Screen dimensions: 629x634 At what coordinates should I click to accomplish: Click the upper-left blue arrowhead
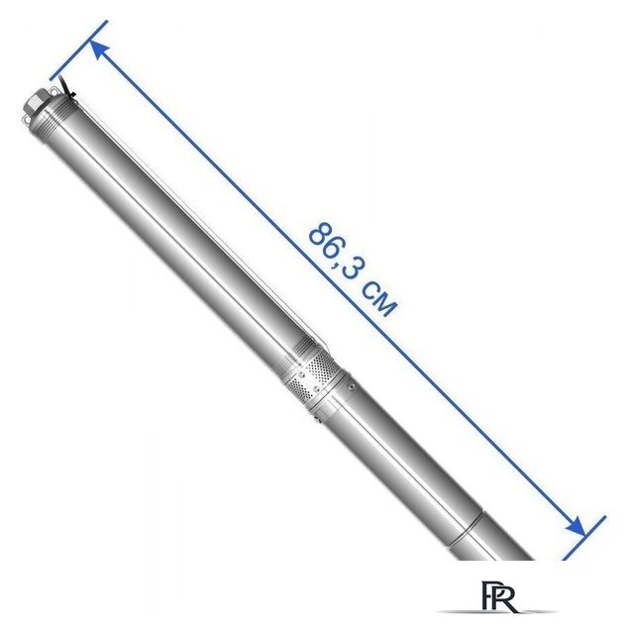tap(99, 49)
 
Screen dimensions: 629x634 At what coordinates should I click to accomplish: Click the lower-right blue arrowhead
tap(575, 526)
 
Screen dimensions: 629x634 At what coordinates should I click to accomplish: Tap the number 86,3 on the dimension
tap(334, 250)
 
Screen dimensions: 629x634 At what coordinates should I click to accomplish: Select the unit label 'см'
tap(378, 299)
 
